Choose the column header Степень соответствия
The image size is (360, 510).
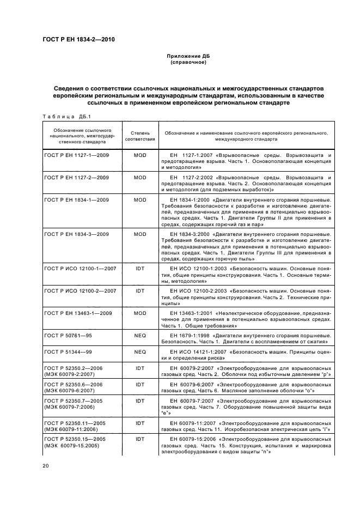(x=140, y=135)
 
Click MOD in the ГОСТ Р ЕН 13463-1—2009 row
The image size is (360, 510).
(x=140, y=313)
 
